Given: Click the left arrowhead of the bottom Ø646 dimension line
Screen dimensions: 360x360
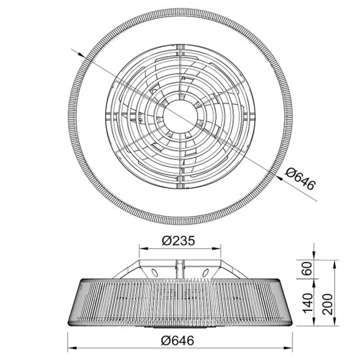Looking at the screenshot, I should coord(72,347).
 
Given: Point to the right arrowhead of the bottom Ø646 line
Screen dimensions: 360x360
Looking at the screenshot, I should coord(288,347).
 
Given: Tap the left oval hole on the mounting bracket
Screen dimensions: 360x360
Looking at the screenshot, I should coord(154,271).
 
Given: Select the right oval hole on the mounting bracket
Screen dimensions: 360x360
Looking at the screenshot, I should coord(205,271).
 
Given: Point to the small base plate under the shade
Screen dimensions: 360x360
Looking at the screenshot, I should coord(180,324).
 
